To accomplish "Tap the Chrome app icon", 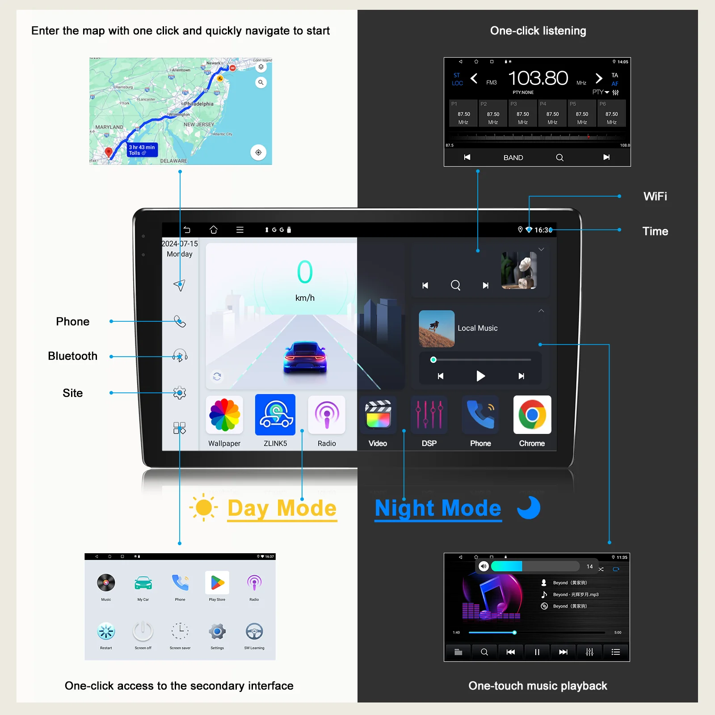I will (532, 415).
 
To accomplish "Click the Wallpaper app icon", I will (224, 415).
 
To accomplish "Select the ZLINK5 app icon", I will (275, 415).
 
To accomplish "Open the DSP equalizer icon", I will (429, 415).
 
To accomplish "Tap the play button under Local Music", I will (480, 376).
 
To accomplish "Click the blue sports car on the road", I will (305, 357).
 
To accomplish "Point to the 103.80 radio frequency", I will (538, 79).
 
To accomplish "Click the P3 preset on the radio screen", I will (522, 114).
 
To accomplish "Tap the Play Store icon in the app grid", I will (217, 583).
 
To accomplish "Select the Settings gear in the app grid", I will (217, 631).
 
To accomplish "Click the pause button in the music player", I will (537, 652).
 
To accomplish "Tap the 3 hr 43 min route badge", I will (142, 150).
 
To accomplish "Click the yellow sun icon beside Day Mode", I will (204, 508).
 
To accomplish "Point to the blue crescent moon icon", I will (529, 508).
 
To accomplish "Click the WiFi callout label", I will (655, 196).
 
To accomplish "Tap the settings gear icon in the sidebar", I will (180, 393).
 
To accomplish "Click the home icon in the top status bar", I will (214, 230).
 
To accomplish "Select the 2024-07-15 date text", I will (180, 244).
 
